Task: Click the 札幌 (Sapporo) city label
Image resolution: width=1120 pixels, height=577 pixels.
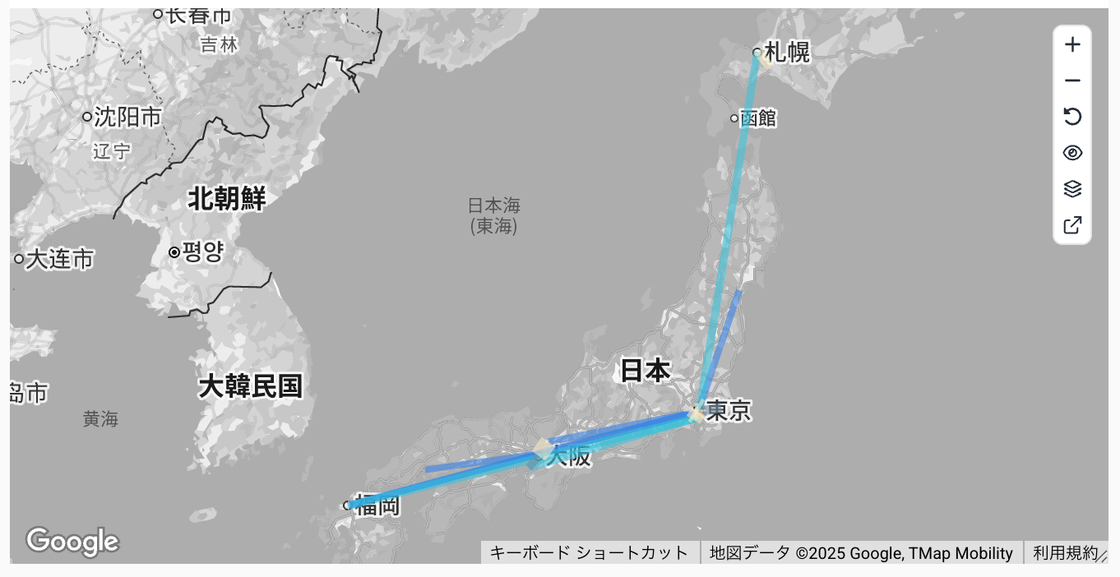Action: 787,53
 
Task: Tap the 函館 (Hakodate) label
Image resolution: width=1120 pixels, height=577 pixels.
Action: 757,118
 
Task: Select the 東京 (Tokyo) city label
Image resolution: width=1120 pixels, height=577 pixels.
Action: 729,410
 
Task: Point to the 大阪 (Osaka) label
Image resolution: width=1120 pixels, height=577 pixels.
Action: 569,456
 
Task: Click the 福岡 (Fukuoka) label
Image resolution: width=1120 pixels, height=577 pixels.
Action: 377,505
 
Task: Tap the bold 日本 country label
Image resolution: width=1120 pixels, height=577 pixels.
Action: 645,371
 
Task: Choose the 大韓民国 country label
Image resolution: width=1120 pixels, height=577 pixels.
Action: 250,385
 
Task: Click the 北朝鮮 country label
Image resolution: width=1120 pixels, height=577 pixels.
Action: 227,198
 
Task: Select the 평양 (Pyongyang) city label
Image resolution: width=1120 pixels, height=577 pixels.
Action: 202,252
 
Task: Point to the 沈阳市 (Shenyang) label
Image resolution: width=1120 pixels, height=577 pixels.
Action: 127,117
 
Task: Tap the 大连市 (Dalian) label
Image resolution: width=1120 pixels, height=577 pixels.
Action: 59,260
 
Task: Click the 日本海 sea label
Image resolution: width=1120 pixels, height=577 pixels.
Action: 494,205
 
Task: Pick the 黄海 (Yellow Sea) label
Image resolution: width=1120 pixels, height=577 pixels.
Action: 100,419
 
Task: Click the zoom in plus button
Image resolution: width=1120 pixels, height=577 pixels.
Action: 1072,44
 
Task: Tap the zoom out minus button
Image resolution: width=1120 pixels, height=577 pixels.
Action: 1072,81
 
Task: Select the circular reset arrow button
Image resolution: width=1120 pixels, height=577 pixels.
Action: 1072,117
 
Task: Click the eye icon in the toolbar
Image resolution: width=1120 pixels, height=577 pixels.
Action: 1072,153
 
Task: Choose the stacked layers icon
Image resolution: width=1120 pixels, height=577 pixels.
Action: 1072,189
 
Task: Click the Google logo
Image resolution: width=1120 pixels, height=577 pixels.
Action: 72,542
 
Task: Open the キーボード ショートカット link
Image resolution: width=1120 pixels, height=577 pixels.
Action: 589,553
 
